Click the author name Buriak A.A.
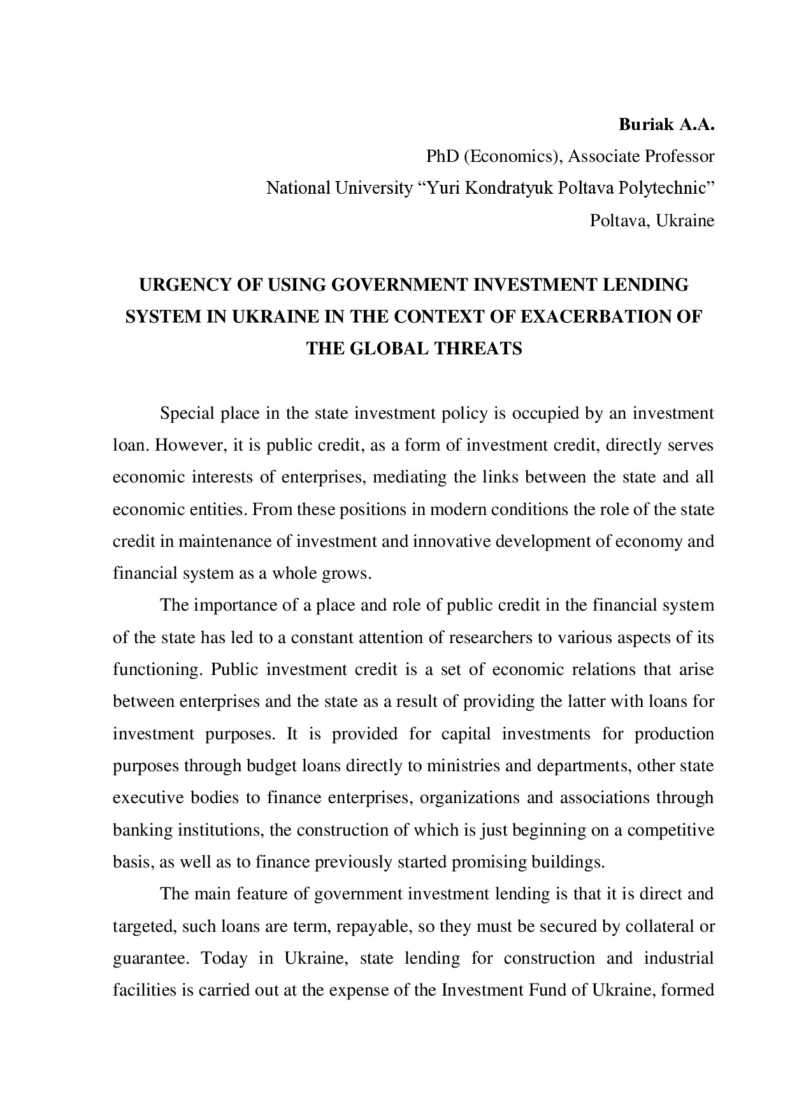[x=666, y=124]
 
